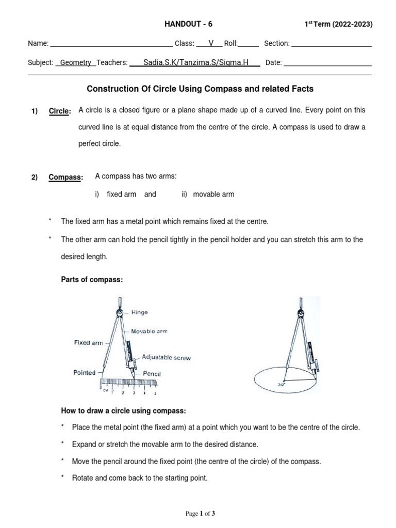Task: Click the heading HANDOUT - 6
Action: pos(188,24)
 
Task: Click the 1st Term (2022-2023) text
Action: pos(338,24)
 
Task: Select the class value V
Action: pos(210,43)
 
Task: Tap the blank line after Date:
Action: pos(327,63)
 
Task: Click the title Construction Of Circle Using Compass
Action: pos(200,89)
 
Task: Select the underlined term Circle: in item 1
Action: pos(60,111)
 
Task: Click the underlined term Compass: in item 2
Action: pos(65,177)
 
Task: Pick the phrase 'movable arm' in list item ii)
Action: pos(213,194)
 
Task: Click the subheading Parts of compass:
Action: pos(92,279)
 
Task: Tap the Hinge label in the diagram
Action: pos(139,312)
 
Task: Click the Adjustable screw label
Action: pos(167,357)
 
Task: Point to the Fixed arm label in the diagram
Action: pos(88,342)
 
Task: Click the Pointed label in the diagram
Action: pos(84,372)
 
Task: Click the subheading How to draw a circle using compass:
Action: pos(123,411)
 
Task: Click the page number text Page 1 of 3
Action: pos(200,514)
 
